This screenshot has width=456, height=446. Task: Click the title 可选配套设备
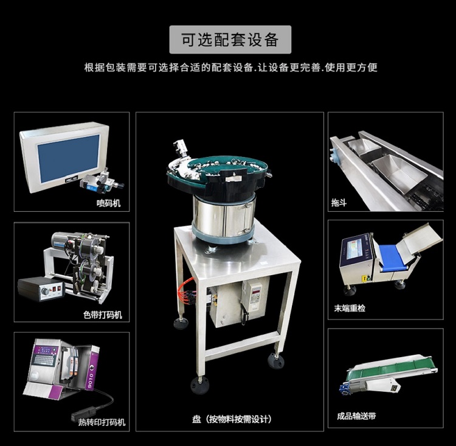230,40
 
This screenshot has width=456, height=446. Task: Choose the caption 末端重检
350,308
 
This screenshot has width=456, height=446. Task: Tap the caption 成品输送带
356,417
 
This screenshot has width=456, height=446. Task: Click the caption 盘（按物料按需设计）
230,419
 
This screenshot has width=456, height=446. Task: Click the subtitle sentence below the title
230,68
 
